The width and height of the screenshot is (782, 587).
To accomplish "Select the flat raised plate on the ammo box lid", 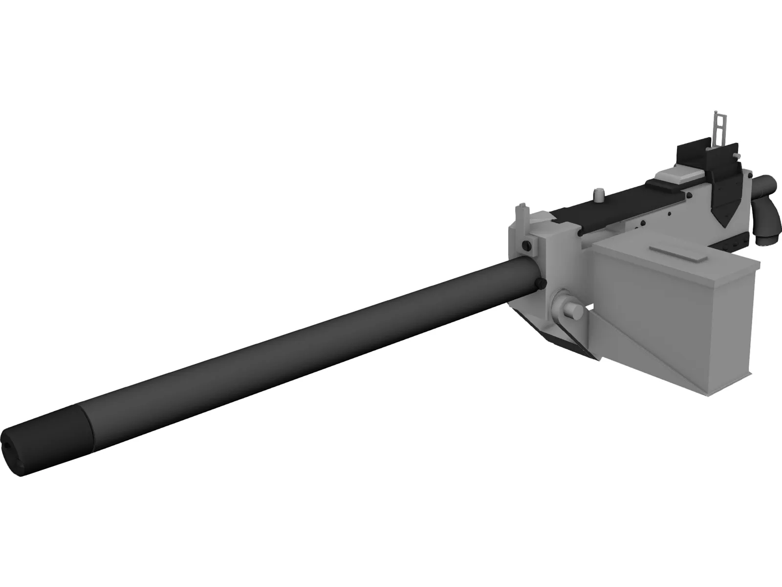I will pyautogui.click(x=676, y=254).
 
